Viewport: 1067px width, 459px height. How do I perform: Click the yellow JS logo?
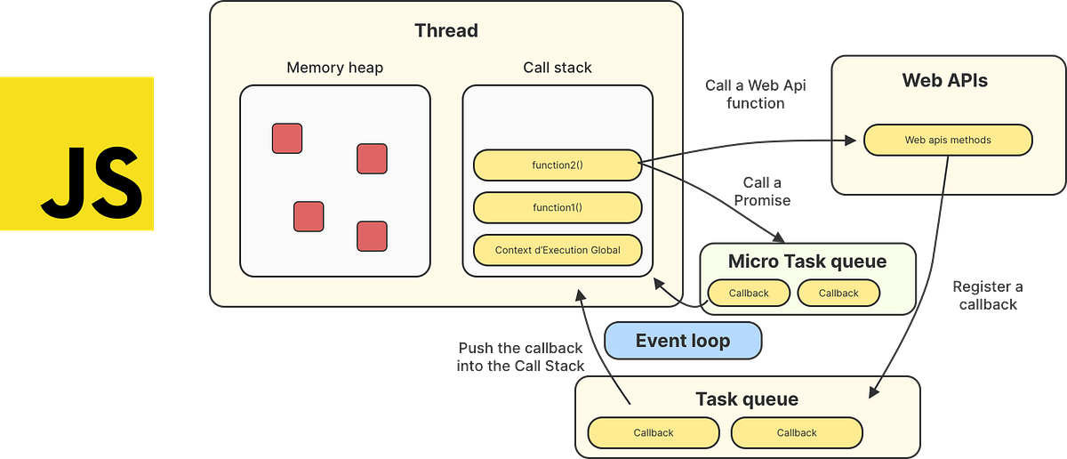point(77,154)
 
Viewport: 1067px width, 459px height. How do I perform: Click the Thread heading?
point(445,30)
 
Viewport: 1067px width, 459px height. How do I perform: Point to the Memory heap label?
point(334,68)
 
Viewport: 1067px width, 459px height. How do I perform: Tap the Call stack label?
point(558,68)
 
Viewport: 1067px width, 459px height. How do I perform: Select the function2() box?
point(558,165)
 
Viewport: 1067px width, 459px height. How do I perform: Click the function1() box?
point(558,207)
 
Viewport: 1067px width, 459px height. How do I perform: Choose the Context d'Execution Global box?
point(558,250)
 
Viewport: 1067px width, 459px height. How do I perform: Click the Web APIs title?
point(944,81)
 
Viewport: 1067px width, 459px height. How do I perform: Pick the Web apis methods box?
point(948,140)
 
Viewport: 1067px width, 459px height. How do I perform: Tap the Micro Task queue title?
point(806,262)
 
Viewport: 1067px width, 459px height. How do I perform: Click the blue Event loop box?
point(683,341)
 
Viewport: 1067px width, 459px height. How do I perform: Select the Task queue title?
point(746,399)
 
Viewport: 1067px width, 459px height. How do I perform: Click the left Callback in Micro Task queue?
point(749,293)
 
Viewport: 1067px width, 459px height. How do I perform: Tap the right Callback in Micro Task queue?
point(838,293)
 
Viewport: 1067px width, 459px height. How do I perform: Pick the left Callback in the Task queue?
point(654,433)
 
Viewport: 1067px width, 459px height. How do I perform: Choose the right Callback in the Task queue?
point(796,433)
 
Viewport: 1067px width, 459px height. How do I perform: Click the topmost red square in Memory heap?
point(287,138)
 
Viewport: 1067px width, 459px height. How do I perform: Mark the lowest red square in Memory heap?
point(372,236)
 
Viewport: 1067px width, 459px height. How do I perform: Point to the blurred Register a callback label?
point(987,295)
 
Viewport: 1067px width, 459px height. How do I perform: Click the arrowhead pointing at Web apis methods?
point(854,140)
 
